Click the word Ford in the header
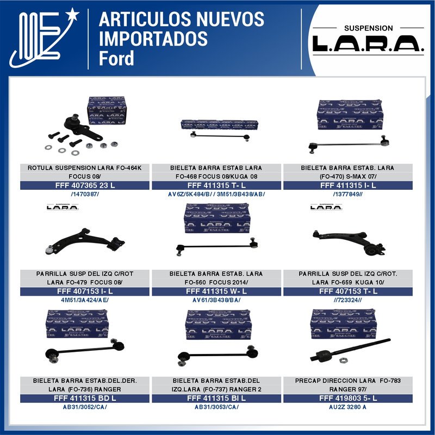pyautogui.click(x=116, y=58)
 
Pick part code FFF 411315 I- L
pyautogui.click(x=348, y=185)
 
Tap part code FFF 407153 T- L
pyautogui.click(x=348, y=291)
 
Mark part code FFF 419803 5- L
pyautogui.click(x=348, y=398)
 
